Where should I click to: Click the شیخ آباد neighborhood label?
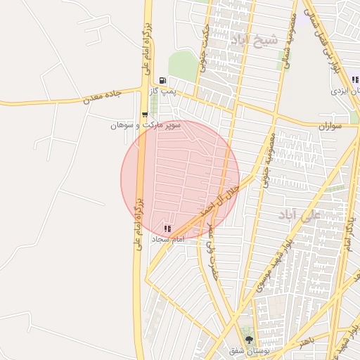[x=259, y=40]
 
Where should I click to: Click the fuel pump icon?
[x=163, y=80]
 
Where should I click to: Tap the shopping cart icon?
[x=145, y=115]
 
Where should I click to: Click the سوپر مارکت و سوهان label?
[x=146, y=125]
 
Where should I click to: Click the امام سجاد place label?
[x=167, y=239]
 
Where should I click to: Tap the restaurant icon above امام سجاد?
[x=167, y=229]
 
